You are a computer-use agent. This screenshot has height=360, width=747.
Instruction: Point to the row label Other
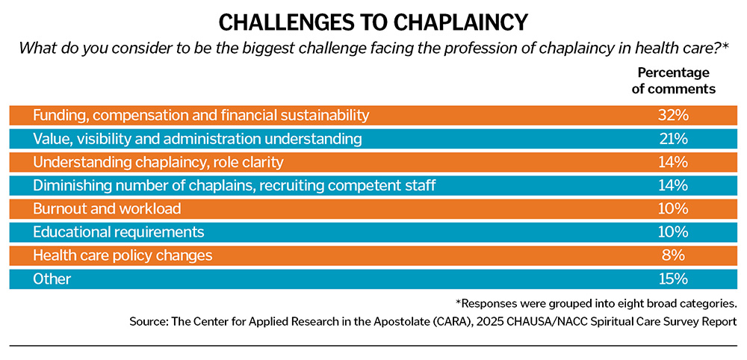52,279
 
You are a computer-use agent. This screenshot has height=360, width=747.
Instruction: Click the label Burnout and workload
108,208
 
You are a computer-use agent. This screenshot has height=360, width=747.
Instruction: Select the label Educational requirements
118,232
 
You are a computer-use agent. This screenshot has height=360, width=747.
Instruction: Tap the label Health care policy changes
123,255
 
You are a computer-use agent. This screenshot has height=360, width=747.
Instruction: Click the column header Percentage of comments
676,81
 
